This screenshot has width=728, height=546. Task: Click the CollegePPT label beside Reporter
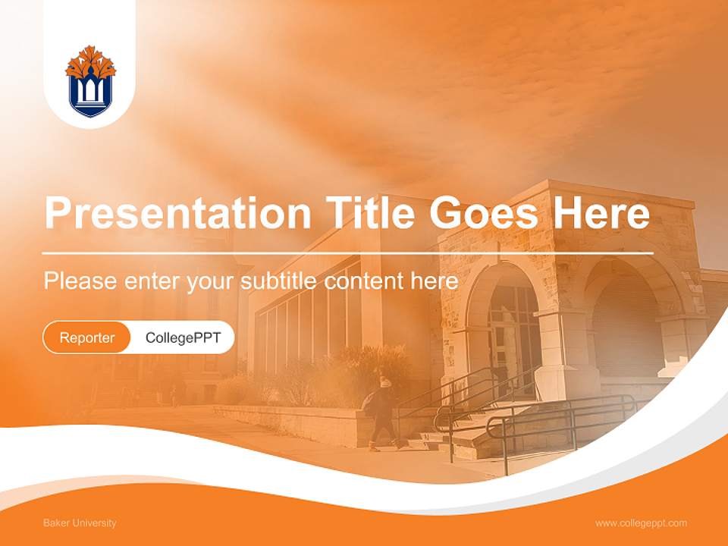(183, 337)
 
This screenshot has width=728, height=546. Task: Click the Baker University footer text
(80, 523)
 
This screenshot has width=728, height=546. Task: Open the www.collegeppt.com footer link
(641, 523)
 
